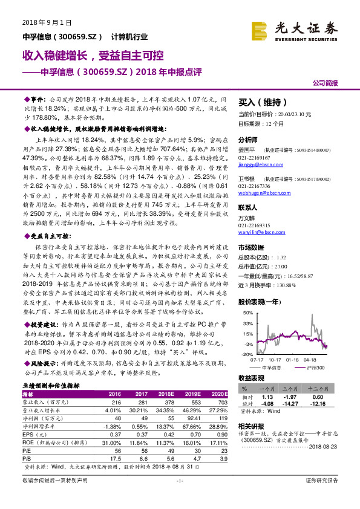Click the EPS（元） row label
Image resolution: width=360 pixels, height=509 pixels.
[x=36, y=433]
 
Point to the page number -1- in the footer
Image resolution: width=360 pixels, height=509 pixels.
[x=180, y=498]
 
